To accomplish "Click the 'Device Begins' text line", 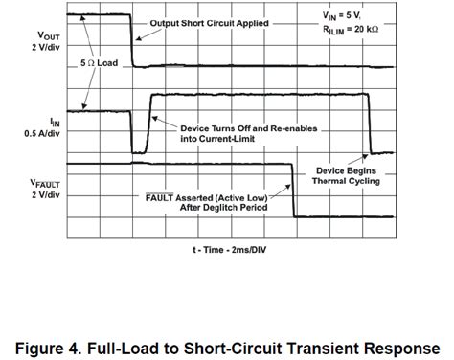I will [348, 170].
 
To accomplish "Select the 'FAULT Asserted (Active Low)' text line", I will [200, 195].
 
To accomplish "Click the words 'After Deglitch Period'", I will [213, 207].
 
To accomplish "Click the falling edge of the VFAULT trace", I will [293, 191].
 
